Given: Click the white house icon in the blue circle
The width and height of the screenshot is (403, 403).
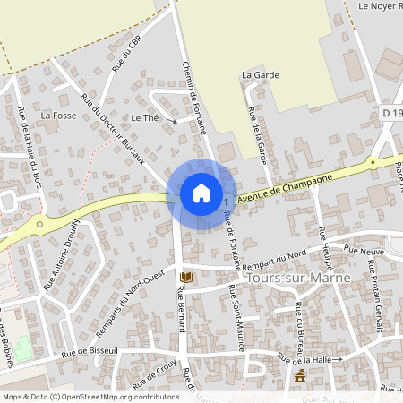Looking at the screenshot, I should [x=201, y=193].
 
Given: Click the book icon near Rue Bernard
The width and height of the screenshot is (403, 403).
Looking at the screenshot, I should [x=186, y=277].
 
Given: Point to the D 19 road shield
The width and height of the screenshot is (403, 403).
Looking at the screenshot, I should [x=390, y=113].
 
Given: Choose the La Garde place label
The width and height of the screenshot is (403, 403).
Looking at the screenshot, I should [x=256, y=75].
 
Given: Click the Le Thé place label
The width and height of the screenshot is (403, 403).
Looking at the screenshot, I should [x=144, y=117].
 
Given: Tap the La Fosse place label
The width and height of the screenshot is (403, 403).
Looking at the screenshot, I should [x=58, y=116].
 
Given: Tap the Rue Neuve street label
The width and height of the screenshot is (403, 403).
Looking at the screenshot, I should [x=364, y=253].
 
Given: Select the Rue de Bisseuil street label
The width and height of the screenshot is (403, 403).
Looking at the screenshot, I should [x=90, y=353].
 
